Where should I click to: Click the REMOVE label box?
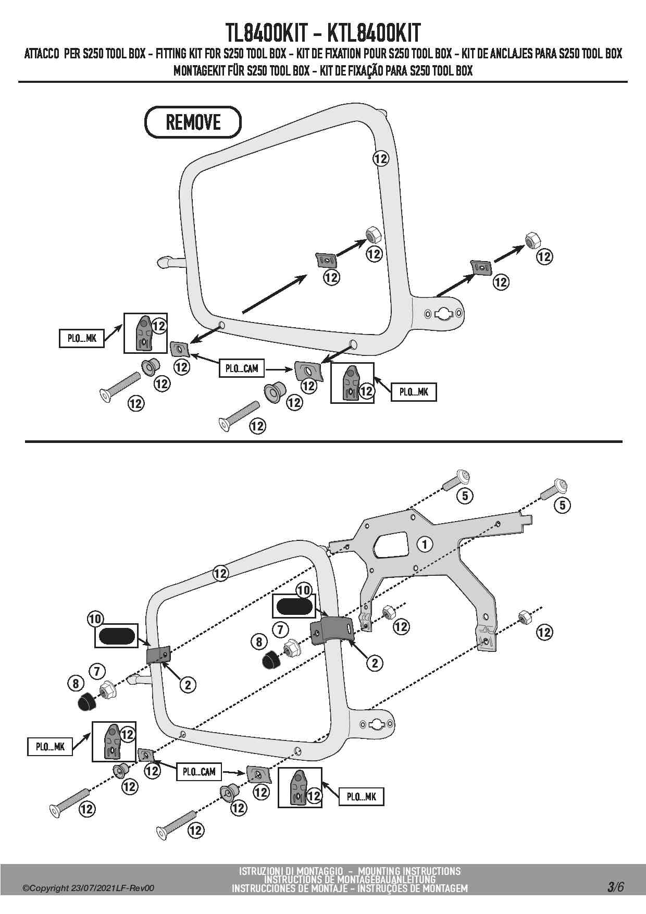[x=193, y=122]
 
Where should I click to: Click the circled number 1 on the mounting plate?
[x=425, y=545]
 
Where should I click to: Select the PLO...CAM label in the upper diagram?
[x=241, y=369]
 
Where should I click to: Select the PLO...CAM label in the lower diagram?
[x=198, y=772]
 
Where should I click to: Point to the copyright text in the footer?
[x=88, y=888]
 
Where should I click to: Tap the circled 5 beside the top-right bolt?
[x=562, y=504]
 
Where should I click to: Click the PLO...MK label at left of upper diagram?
[x=82, y=339]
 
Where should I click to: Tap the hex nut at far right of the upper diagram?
[x=532, y=240]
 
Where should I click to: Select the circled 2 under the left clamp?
[x=188, y=684]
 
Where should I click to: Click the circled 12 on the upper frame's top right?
[x=381, y=158]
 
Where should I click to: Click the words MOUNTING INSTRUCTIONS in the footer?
[x=409, y=871]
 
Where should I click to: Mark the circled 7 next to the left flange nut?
[x=97, y=671]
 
